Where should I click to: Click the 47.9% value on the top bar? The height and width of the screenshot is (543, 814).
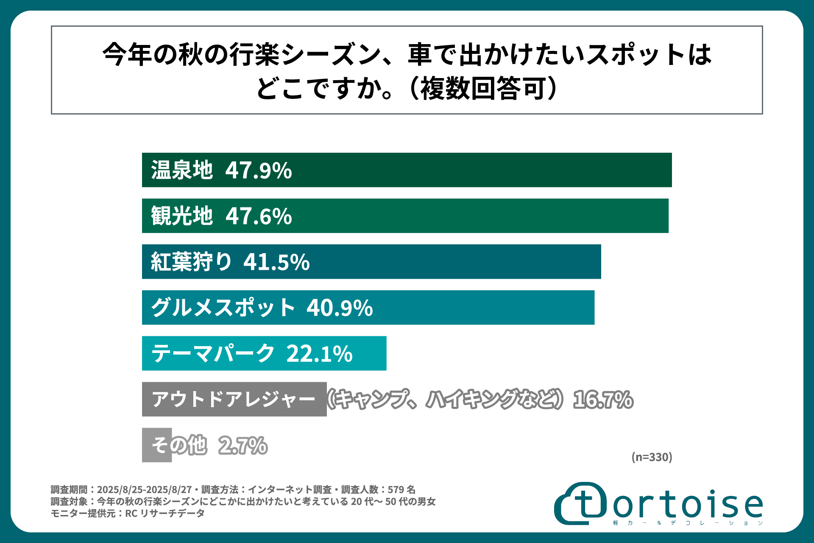[258, 170]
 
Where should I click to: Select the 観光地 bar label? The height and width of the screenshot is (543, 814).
[182, 216]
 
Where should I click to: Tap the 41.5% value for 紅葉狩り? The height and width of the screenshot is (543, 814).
[276, 262]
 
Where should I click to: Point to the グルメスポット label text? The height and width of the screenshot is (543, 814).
[223, 308]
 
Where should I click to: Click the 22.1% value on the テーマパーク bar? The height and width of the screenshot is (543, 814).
[319, 353]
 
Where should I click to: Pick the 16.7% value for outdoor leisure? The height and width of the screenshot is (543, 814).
[603, 400]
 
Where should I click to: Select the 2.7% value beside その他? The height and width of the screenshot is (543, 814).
[243, 445]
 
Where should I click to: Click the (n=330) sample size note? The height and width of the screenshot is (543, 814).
[652, 457]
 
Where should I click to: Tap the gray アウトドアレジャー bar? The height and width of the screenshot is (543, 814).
[234, 399]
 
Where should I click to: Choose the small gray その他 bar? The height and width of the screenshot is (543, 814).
[156, 445]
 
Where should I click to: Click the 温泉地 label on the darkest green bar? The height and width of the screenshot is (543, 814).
[182, 170]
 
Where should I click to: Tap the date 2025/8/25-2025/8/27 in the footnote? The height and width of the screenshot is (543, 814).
[144, 490]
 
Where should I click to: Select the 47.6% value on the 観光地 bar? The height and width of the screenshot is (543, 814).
[259, 216]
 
